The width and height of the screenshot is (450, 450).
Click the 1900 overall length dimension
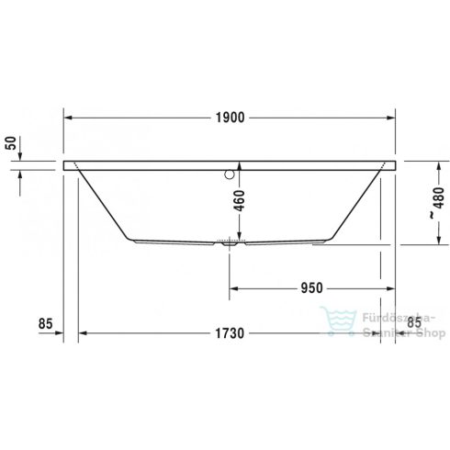click(230, 117)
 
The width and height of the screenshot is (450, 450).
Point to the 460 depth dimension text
click(239, 200)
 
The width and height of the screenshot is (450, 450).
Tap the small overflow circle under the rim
click(231, 171)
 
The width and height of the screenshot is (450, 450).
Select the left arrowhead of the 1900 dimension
click(67, 117)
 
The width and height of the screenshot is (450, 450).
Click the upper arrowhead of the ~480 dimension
click(428, 165)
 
